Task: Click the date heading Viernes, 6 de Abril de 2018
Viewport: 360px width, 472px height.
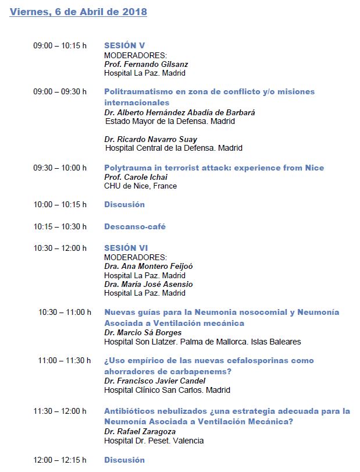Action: [x=78, y=12]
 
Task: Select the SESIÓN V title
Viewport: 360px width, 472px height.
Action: [x=124, y=45]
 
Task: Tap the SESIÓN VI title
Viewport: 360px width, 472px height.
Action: [x=126, y=248]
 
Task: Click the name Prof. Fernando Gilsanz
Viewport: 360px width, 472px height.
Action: [x=146, y=64]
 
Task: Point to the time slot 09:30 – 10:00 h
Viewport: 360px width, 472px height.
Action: [x=60, y=168]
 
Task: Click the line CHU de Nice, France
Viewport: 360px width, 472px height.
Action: [x=140, y=186]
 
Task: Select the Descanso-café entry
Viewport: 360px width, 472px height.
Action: [x=134, y=226]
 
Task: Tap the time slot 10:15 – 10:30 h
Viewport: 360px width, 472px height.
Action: [x=60, y=226]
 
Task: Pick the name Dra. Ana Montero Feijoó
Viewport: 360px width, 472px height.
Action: [x=148, y=266]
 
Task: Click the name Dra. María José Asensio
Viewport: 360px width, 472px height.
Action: [x=148, y=284]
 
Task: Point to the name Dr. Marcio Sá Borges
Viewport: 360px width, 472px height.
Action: [x=142, y=332]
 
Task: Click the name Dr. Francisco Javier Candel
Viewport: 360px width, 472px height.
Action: [x=155, y=381]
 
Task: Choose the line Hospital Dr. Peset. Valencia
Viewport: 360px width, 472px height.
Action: [x=154, y=441]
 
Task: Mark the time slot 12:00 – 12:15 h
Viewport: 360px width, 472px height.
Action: [x=60, y=460]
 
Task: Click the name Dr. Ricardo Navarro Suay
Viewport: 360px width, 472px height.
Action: [x=151, y=139]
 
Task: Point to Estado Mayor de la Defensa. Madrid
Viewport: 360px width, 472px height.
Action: [x=170, y=122]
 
